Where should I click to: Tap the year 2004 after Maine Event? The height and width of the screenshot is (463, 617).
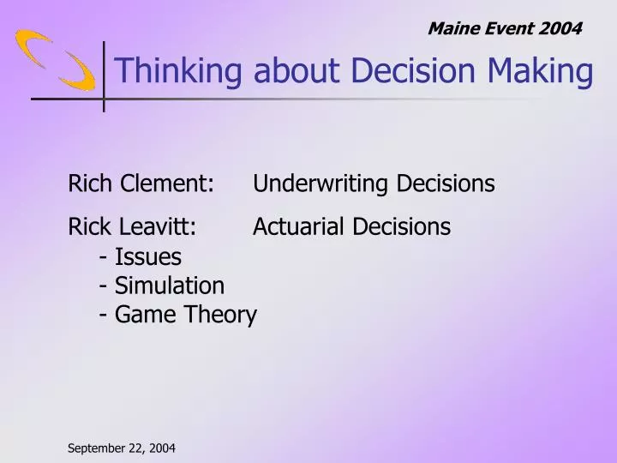click(x=560, y=28)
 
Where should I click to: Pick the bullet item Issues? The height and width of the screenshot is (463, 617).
click(x=147, y=256)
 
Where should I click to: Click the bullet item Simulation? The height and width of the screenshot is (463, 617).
click(x=169, y=286)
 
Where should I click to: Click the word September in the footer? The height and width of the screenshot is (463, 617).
click(x=98, y=448)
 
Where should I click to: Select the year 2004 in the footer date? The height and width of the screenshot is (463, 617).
click(x=161, y=448)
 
